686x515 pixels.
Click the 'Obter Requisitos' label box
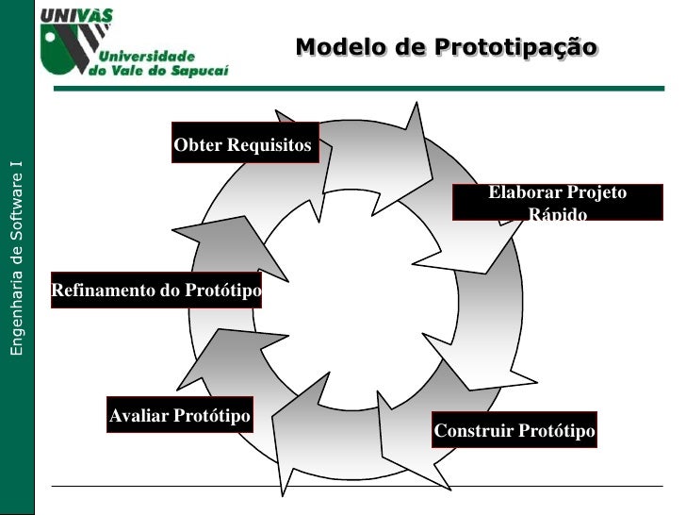tap(244, 145)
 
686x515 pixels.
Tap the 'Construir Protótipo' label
tap(514, 431)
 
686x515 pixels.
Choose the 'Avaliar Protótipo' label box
tap(180, 416)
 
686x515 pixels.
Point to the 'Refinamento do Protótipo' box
tap(156, 291)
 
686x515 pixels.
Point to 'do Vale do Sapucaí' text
tap(159, 71)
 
